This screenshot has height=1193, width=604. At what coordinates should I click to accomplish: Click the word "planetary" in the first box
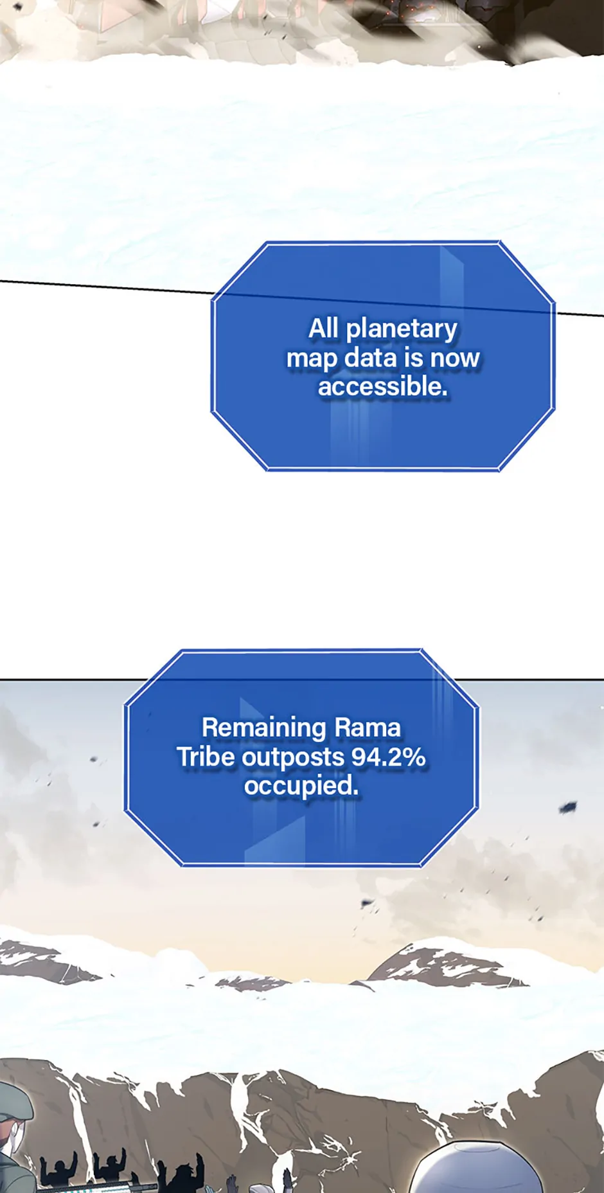click(x=402, y=329)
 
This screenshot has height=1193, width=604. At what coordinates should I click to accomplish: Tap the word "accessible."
click(x=383, y=386)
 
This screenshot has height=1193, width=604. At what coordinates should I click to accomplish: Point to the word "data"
click(x=371, y=357)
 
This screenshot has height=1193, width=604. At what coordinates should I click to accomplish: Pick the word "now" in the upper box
click(x=455, y=358)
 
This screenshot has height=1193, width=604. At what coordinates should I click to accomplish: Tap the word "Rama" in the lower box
click(x=368, y=728)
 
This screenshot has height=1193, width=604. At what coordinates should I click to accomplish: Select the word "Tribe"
click(x=206, y=757)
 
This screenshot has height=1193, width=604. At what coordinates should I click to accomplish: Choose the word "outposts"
click(x=293, y=758)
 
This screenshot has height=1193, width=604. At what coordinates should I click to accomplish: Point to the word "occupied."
click(x=301, y=785)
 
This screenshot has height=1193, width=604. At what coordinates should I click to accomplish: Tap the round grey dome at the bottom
click(x=476, y=1167)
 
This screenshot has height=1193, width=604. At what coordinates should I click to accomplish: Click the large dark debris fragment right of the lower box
click(x=567, y=807)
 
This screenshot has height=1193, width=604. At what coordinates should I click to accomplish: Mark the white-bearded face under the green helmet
click(x=18, y=1135)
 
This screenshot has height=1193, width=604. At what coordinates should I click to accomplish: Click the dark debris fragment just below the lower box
click(x=367, y=903)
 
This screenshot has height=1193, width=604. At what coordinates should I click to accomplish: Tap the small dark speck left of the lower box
click(x=94, y=759)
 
